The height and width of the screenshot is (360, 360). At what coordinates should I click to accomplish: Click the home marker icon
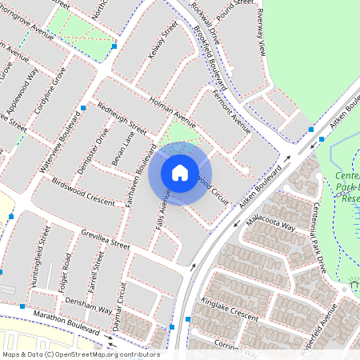coord(180,172)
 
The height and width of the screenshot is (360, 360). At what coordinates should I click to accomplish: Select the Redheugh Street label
coord(122,118)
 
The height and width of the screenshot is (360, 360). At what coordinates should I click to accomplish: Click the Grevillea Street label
coord(105,238)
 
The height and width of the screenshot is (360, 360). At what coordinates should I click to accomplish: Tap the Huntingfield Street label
coord(38,270)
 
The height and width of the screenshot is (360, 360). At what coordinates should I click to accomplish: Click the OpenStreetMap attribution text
coord(80,354)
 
